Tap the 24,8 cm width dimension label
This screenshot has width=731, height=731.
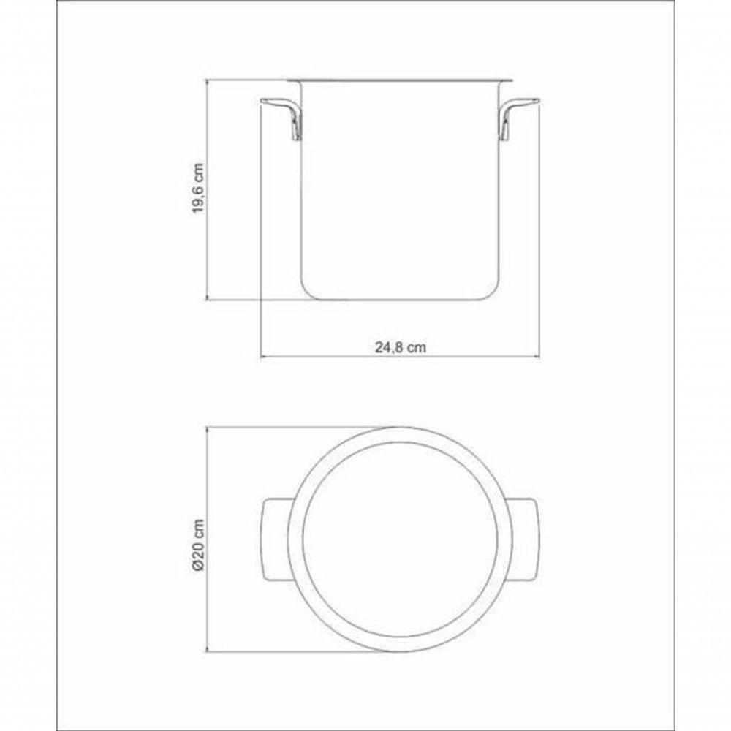coord(401,348)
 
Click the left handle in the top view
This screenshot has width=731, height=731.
coord(276,539)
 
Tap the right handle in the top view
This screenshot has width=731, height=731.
coord(525,539)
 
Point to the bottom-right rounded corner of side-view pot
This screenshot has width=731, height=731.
coord(496,292)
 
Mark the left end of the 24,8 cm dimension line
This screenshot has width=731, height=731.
coord(262,357)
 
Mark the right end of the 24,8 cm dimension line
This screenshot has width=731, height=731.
coord(539,357)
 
